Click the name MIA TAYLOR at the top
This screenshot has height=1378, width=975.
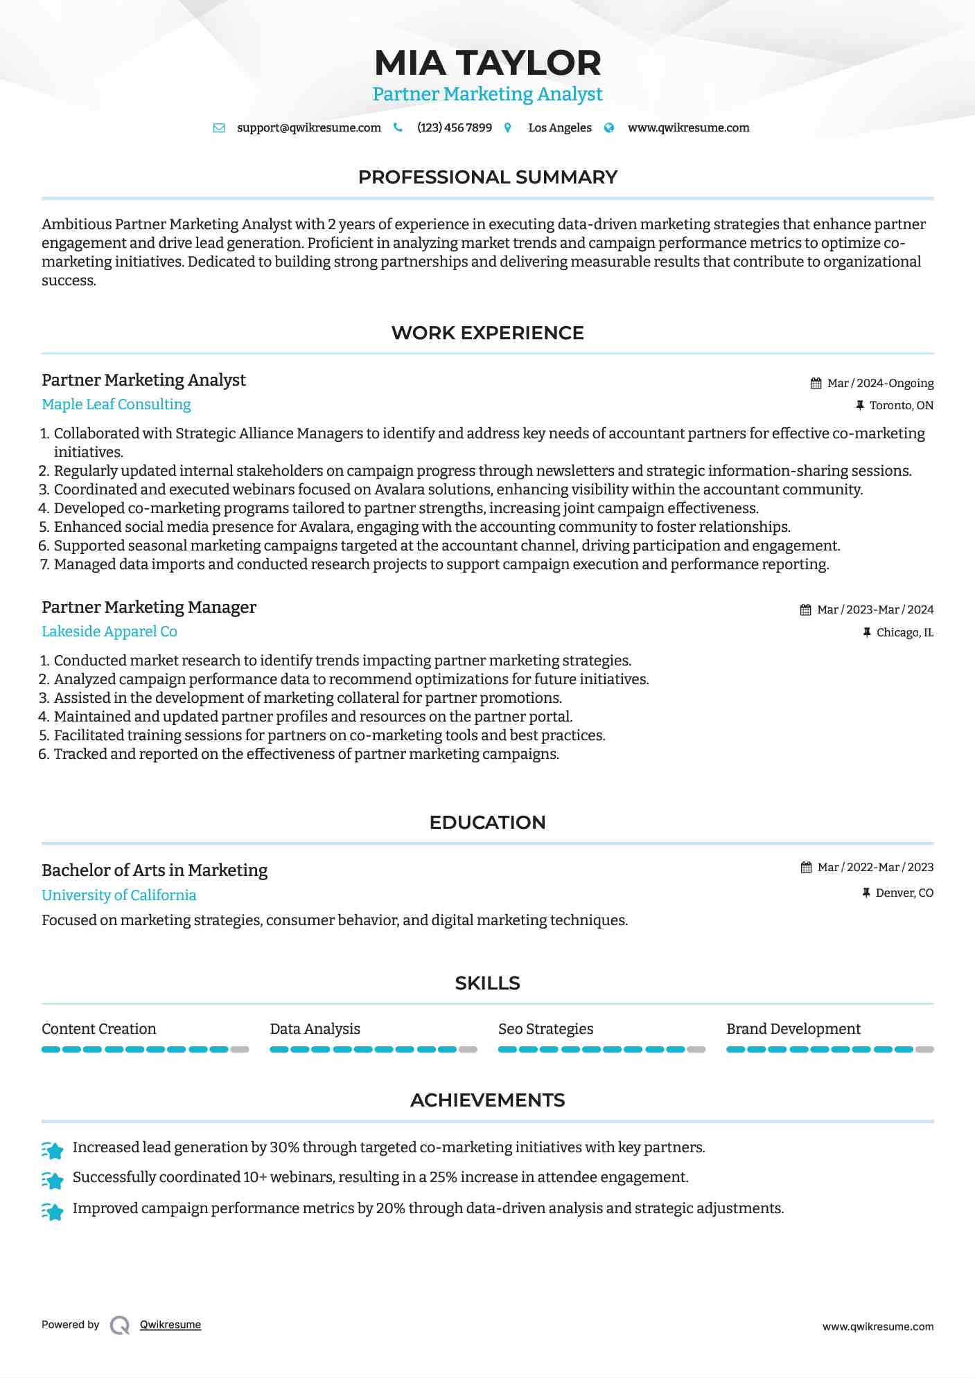[x=487, y=63]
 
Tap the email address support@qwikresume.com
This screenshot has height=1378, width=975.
[x=308, y=127]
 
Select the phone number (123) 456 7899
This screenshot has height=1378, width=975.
[x=454, y=127]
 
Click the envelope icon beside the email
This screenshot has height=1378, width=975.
[x=219, y=127]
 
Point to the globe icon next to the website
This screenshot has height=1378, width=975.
[x=609, y=127]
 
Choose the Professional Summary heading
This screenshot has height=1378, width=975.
[x=487, y=177]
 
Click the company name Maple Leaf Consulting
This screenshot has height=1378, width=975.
[x=116, y=404]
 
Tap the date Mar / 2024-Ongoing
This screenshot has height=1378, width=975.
[x=880, y=383]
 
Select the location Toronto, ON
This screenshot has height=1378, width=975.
[x=901, y=405]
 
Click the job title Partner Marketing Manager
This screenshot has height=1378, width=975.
[x=148, y=607]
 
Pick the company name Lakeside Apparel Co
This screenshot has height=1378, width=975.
[x=109, y=632]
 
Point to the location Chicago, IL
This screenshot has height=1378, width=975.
[x=904, y=632]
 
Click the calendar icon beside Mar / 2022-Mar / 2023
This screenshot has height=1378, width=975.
[x=806, y=868]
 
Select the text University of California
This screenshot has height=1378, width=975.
[x=118, y=895]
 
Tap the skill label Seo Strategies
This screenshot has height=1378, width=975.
[x=545, y=1029]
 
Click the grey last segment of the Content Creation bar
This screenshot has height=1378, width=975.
[x=240, y=1050]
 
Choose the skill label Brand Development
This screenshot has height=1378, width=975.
[x=793, y=1029]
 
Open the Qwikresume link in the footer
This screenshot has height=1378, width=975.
[x=170, y=1325]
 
